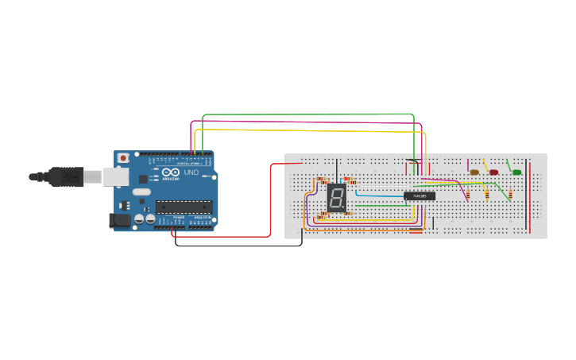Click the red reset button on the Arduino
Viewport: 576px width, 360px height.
122,158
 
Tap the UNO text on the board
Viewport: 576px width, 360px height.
191,172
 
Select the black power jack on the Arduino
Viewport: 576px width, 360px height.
119,220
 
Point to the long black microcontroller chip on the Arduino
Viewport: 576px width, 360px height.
184,207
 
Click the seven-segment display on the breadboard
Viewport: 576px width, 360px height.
337,199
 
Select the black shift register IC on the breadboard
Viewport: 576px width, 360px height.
419,195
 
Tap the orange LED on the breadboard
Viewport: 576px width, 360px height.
474,172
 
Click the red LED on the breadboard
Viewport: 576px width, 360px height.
493,172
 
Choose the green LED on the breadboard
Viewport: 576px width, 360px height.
516,172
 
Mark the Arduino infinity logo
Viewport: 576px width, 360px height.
171,172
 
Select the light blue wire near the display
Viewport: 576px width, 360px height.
380,195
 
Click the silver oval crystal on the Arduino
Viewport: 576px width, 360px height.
141,192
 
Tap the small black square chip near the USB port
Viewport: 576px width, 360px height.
142,179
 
